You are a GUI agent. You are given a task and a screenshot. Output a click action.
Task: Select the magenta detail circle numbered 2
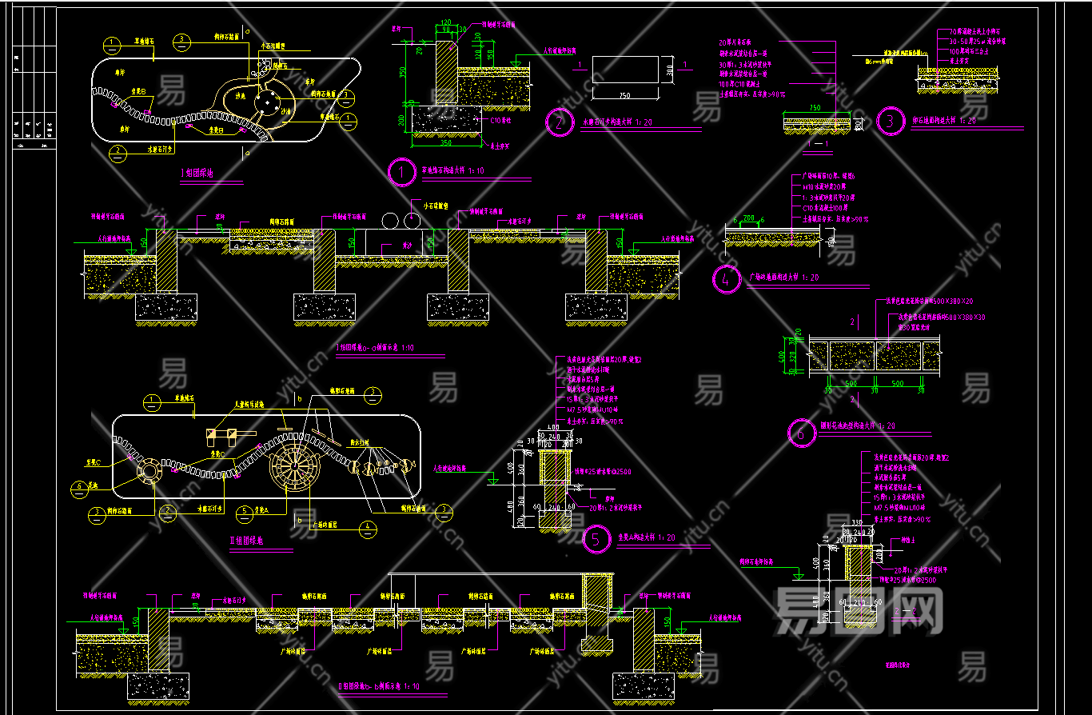click(559, 123)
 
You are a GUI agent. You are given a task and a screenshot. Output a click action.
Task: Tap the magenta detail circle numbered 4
click(726, 280)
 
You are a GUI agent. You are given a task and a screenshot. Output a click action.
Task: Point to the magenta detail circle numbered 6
click(800, 433)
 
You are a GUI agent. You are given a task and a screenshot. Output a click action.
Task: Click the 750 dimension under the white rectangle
click(624, 95)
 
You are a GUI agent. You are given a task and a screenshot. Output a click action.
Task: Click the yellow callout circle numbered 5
click(245, 510)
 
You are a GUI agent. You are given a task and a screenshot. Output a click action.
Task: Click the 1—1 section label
click(818, 144)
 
